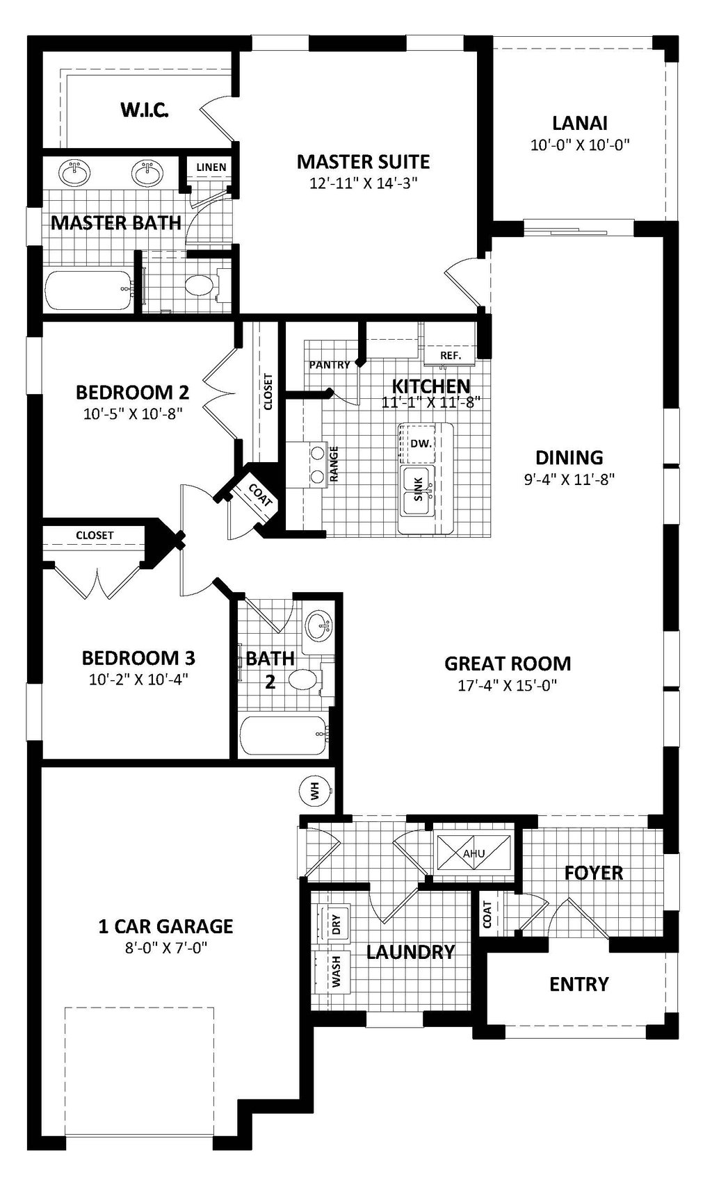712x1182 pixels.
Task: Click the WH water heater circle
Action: click(x=314, y=790)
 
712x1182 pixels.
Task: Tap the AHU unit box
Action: click(x=474, y=853)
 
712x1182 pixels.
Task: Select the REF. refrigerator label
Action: click(x=451, y=355)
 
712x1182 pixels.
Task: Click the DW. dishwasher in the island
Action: click(x=418, y=443)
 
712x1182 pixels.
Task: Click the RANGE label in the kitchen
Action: click(x=334, y=463)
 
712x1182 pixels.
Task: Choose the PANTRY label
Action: click(x=330, y=364)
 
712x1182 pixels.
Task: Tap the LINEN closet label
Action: click(x=211, y=167)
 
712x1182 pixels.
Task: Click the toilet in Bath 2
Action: click(x=302, y=679)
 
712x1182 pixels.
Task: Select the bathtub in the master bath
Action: click(x=88, y=291)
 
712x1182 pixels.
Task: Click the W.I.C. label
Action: click(x=145, y=110)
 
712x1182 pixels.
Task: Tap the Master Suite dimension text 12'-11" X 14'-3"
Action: click(x=363, y=183)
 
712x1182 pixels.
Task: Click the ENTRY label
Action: click(x=578, y=984)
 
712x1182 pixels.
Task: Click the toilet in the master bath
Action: click(x=202, y=286)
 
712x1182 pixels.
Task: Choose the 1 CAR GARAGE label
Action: click(x=165, y=926)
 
